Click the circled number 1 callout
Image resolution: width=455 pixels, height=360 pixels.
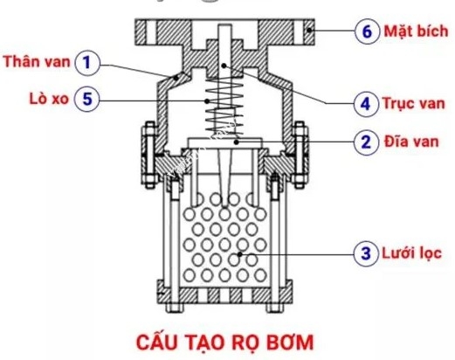(x=87, y=63)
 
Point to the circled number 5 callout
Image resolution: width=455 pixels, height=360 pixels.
(x=87, y=99)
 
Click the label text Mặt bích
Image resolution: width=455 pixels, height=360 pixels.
(x=410, y=31)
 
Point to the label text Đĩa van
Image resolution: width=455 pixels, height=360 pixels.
(x=407, y=141)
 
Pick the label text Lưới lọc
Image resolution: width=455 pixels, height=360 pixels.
(x=409, y=255)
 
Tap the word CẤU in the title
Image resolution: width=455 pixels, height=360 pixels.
(x=161, y=337)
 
